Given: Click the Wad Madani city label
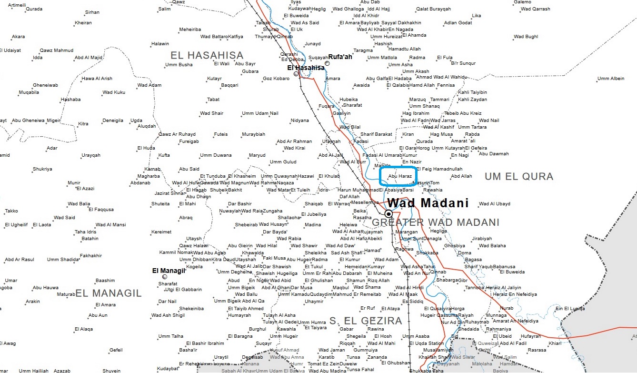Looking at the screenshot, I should coord(428,203).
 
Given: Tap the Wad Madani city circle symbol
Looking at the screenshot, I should coord(389,213).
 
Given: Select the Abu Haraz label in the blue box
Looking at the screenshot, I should coord(400,176).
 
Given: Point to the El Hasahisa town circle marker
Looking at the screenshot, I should coord(296,74).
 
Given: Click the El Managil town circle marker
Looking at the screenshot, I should coord(165,277).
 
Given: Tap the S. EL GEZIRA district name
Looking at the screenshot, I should coord(366,321).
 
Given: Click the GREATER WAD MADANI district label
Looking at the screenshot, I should coord(436,222).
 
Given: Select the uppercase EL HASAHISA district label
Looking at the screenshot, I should coord(207,55).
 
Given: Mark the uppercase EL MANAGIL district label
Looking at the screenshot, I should coord(109,293).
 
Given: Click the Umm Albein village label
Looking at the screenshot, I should coord(610,79).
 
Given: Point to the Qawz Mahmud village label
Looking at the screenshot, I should coord(57,50).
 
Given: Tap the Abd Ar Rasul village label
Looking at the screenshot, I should coord(20,260).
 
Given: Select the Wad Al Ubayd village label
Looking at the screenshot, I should coord(495,204).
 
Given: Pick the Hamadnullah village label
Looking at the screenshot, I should coord(448,169).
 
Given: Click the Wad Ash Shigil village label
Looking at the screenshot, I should coord(168,315).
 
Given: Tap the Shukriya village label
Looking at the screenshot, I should coord(42,169).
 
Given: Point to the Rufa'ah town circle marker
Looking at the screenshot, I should coord(327,64).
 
